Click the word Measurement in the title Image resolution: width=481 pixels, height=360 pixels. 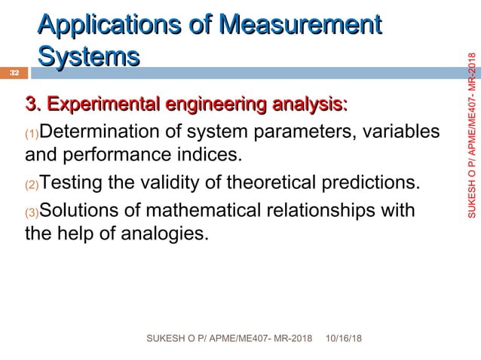(299, 24)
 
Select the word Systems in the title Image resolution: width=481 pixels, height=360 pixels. (88, 57)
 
